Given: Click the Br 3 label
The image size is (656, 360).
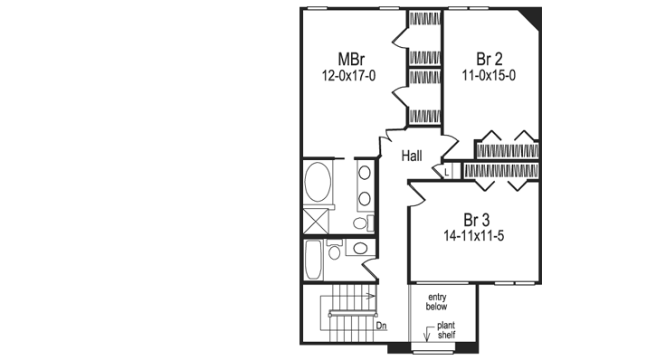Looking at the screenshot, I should pyautogui.click(x=476, y=220).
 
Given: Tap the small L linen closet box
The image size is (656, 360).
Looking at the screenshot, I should pyautogui.click(x=447, y=170).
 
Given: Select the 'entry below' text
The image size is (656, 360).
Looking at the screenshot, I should pyautogui.click(x=438, y=301).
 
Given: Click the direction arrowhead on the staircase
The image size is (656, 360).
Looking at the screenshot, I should pyautogui.click(x=371, y=295).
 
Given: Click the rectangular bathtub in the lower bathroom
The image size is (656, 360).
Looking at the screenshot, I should pyautogui.click(x=313, y=261).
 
